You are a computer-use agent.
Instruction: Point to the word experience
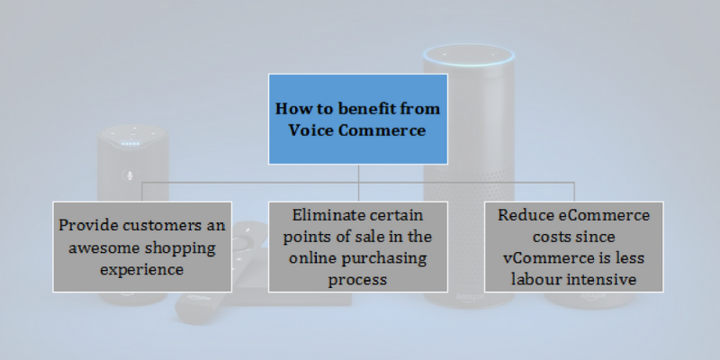(x=142, y=269)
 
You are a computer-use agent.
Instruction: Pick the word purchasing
(x=384, y=258)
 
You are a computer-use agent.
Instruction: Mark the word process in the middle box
(x=357, y=280)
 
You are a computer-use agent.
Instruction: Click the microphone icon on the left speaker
(x=130, y=175)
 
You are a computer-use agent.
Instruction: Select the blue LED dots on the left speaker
(x=130, y=144)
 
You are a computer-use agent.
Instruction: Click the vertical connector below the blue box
(x=358, y=183)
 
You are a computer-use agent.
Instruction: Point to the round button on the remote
(x=243, y=241)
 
